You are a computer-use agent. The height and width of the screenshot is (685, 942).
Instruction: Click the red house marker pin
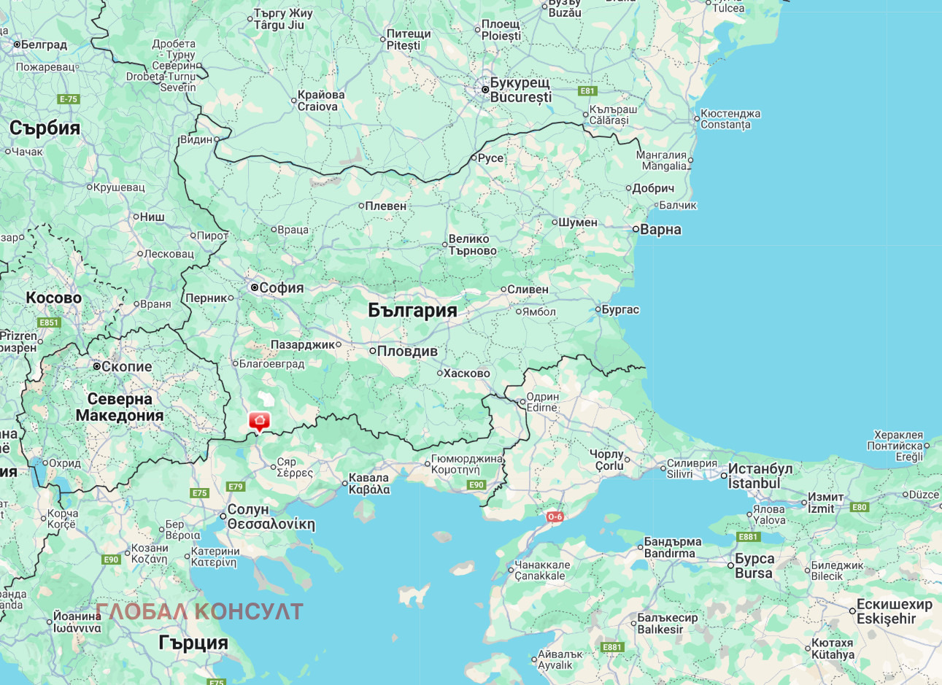tap(259, 421)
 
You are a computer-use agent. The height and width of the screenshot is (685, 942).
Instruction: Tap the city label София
tap(281, 288)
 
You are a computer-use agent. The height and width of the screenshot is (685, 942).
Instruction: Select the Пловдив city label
tap(407, 351)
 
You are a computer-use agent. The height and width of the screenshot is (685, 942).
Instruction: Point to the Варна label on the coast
tap(660, 230)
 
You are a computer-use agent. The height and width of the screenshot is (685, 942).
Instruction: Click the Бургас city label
tap(619, 309)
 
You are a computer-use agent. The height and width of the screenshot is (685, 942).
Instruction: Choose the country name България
tap(412, 310)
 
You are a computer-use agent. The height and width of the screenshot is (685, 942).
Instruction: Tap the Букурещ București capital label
tap(520, 90)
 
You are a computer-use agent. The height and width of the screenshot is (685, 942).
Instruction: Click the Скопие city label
tap(126, 366)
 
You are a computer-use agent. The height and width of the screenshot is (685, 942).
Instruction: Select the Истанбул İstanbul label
tap(760, 476)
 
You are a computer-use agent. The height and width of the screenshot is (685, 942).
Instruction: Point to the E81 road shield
tap(587, 91)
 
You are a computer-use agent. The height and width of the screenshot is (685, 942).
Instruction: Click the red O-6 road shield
tap(555, 516)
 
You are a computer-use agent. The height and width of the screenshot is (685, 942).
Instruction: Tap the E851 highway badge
tap(49, 322)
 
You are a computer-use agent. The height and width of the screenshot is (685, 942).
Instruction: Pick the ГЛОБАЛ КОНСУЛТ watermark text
tap(199, 611)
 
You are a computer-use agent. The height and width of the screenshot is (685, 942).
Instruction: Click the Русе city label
tap(490, 158)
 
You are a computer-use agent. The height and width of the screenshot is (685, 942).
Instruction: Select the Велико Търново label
tap(472, 244)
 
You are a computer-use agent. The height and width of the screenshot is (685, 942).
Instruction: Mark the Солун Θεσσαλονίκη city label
tap(270, 516)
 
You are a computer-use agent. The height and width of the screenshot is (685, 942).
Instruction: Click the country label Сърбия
tap(45, 128)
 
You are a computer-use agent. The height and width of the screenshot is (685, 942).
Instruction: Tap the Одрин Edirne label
tap(542, 402)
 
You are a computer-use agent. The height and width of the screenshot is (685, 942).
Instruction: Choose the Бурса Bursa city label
tap(754, 565)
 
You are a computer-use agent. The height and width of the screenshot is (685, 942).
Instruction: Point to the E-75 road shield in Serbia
tap(68, 99)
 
